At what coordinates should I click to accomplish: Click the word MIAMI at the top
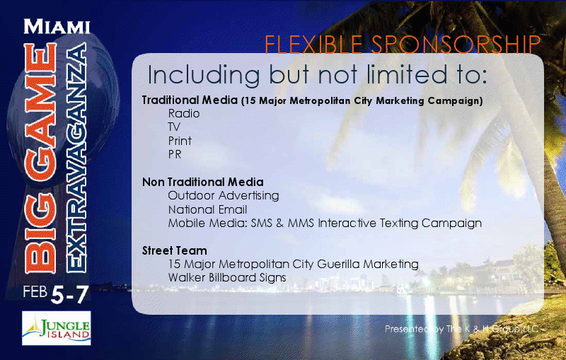click(x=57, y=26)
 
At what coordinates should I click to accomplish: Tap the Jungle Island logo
click(x=57, y=328)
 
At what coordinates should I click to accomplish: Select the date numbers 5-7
click(x=69, y=294)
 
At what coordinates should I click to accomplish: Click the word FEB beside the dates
click(x=35, y=291)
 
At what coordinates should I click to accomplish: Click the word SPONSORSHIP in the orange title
click(x=456, y=45)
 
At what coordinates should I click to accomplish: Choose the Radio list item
click(x=184, y=114)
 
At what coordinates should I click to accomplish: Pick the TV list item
click(x=174, y=127)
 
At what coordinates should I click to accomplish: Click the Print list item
click(x=180, y=141)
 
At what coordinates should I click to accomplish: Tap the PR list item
click(x=175, y=154)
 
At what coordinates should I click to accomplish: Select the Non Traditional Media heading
click(x=203, y=182)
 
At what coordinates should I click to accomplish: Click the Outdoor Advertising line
click(x=224, y=196)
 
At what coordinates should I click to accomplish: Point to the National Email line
click(x=207, y=209)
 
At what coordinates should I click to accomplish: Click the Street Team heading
click(x=175, y=250)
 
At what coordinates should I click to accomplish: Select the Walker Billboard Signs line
click(x=227, y=278)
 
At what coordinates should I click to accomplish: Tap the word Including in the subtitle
click(x=204, y=76)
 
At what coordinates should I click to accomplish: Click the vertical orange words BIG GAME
click(x=41, y=158)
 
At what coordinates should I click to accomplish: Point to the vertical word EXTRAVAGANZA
click(x=76, y=157)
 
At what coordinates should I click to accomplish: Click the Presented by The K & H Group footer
click(x=462, y=329)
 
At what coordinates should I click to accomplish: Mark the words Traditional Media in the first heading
click(x=190, y=100)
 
